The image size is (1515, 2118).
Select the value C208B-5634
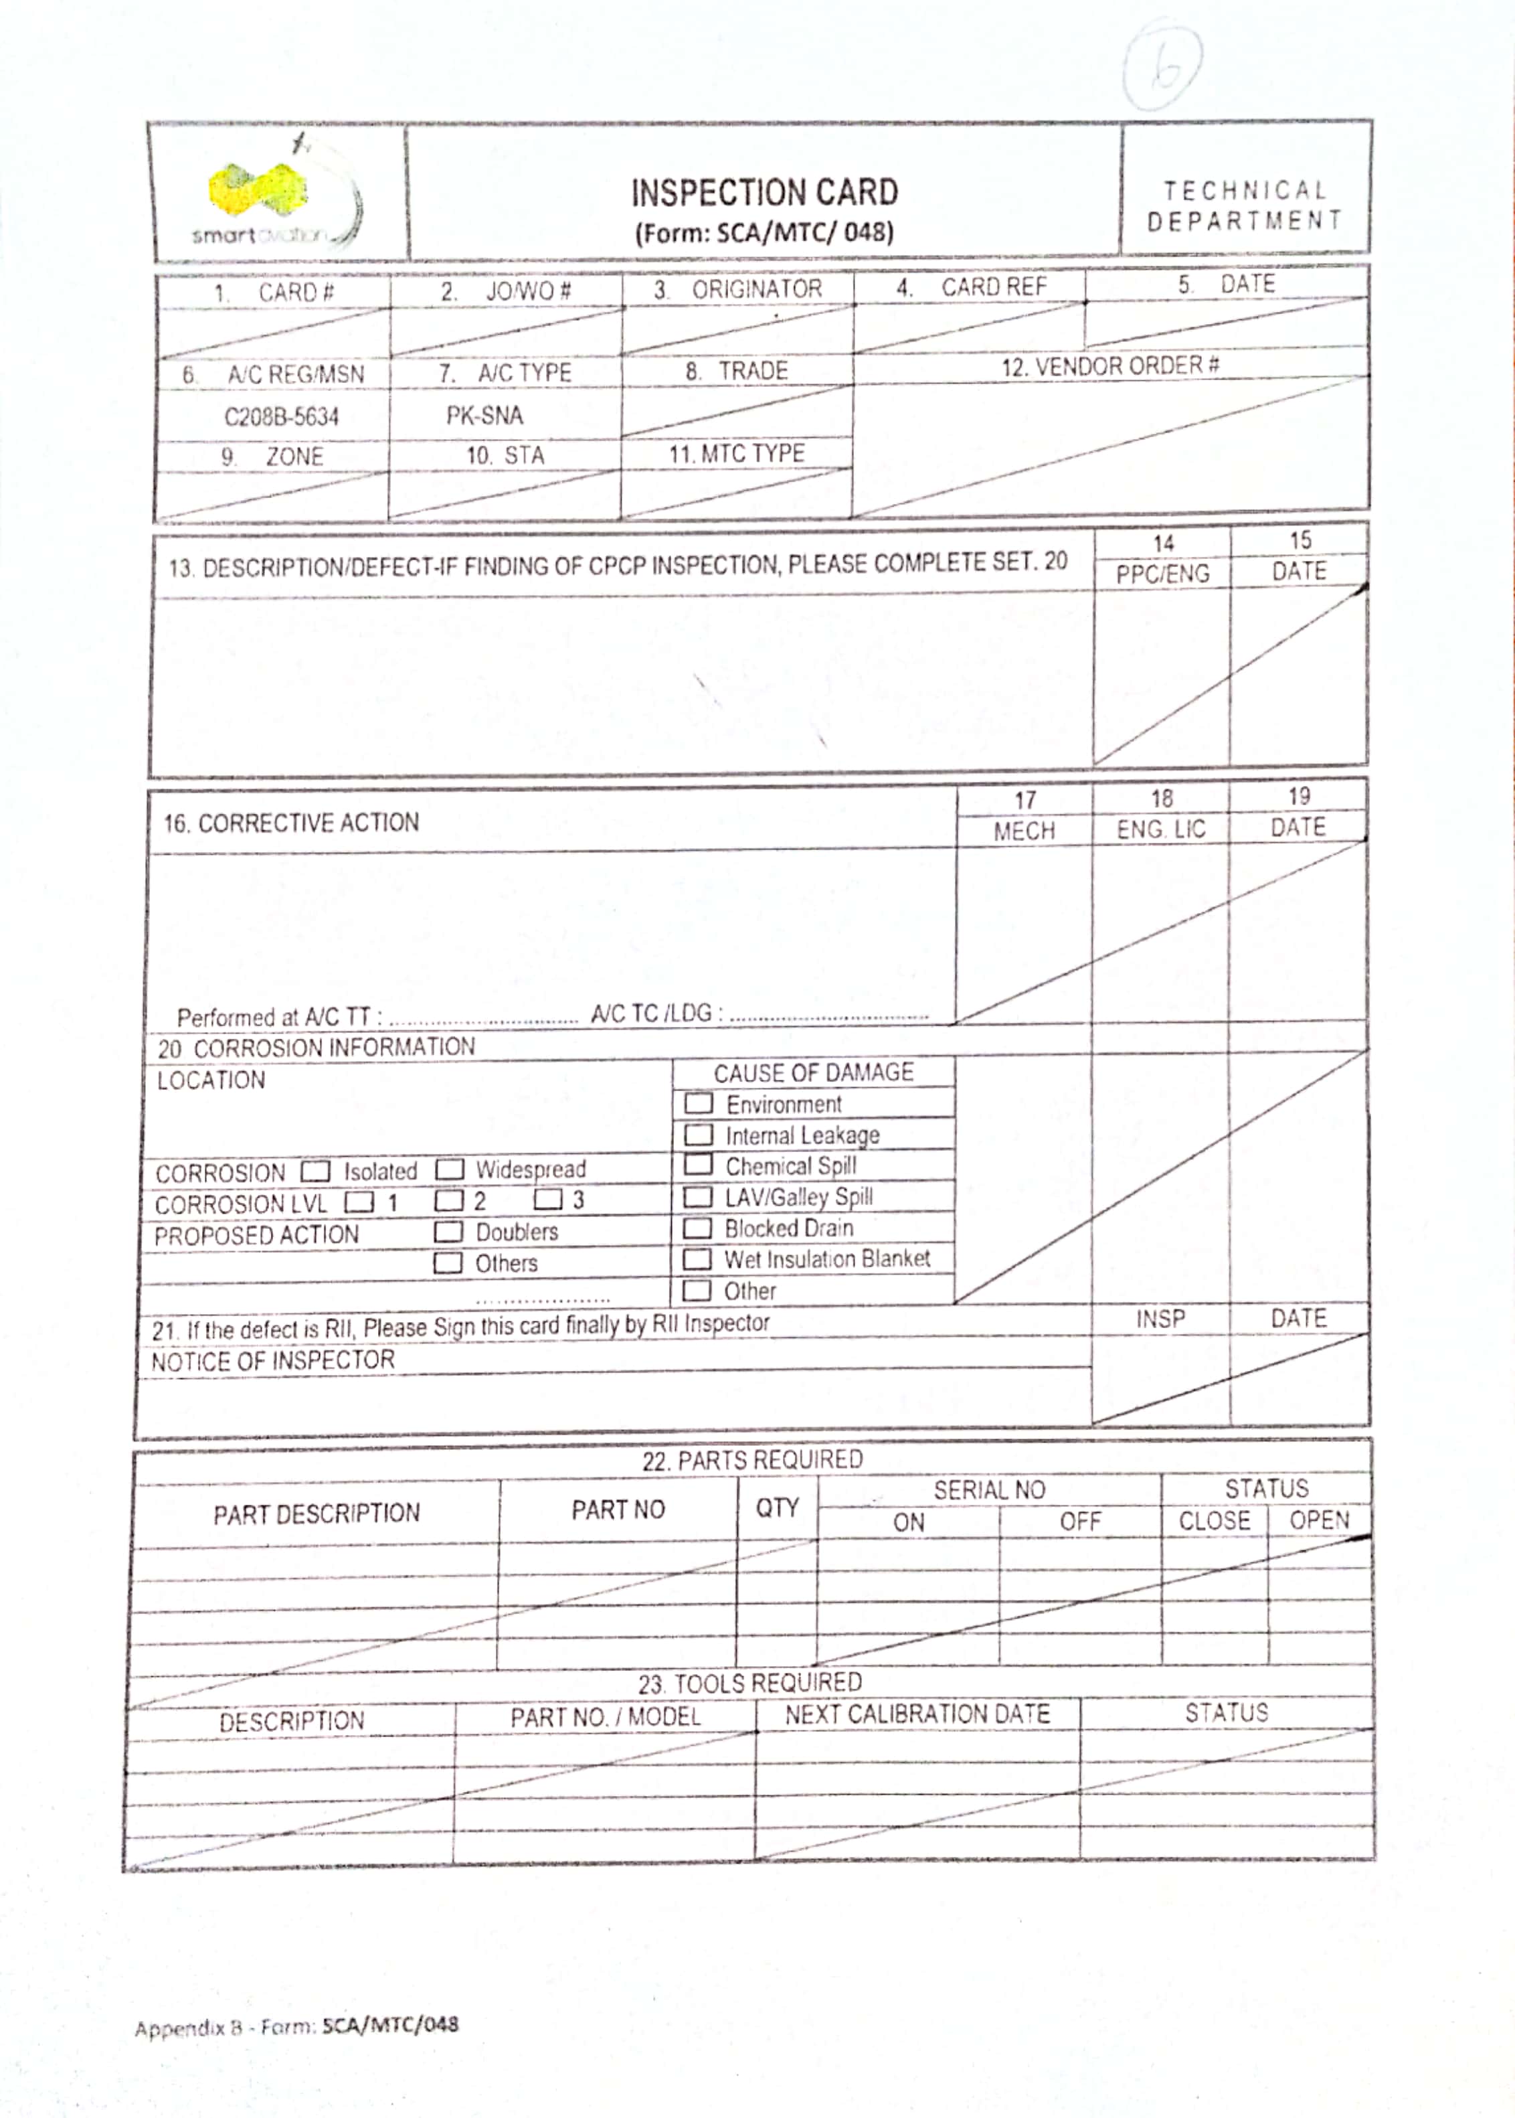(281, 416)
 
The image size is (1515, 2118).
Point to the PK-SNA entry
(484, 415)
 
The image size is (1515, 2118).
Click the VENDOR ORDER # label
(1110, 365)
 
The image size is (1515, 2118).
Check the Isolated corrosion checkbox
(317, 1171)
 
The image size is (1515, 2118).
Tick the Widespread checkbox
(450, 1169)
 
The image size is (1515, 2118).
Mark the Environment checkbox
(699, 1104)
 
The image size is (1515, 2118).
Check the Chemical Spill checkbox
(698, 1165)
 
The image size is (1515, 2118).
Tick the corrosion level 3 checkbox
(547, 1199)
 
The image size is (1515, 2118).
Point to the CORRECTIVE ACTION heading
(291, 823)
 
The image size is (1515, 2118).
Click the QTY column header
(776, 1508)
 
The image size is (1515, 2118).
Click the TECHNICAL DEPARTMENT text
(1245, 206)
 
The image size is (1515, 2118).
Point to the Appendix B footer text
(296, 2026)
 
